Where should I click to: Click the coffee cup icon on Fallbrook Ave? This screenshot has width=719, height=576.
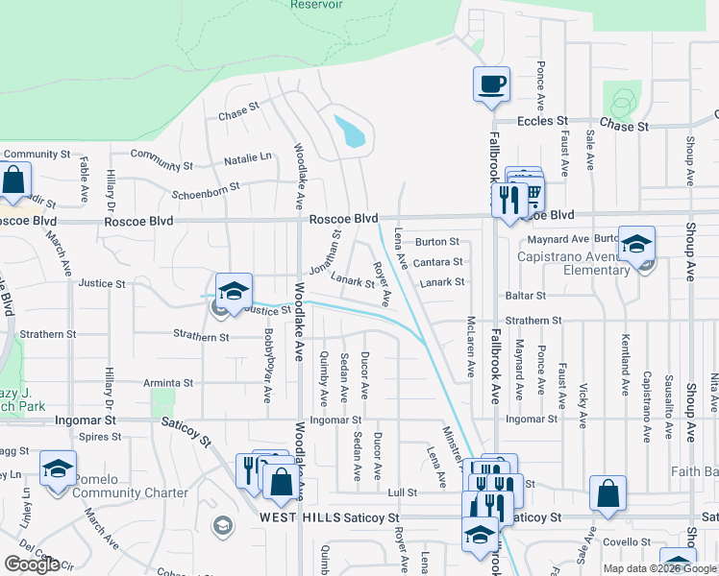(x=491, y=84)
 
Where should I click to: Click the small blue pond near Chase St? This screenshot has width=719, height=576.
(x=350, y=132)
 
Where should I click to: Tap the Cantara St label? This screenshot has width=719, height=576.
(x=438, y=261)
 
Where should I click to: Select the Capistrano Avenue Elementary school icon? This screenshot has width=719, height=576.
(x=636, y=244)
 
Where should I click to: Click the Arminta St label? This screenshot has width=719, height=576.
(x=168, y=382)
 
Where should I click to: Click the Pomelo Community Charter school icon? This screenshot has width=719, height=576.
(x=58, y=469)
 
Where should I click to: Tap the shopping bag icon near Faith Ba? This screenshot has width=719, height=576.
(x=608, y=494)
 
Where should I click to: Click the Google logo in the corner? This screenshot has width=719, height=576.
(x=31, y=564)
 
